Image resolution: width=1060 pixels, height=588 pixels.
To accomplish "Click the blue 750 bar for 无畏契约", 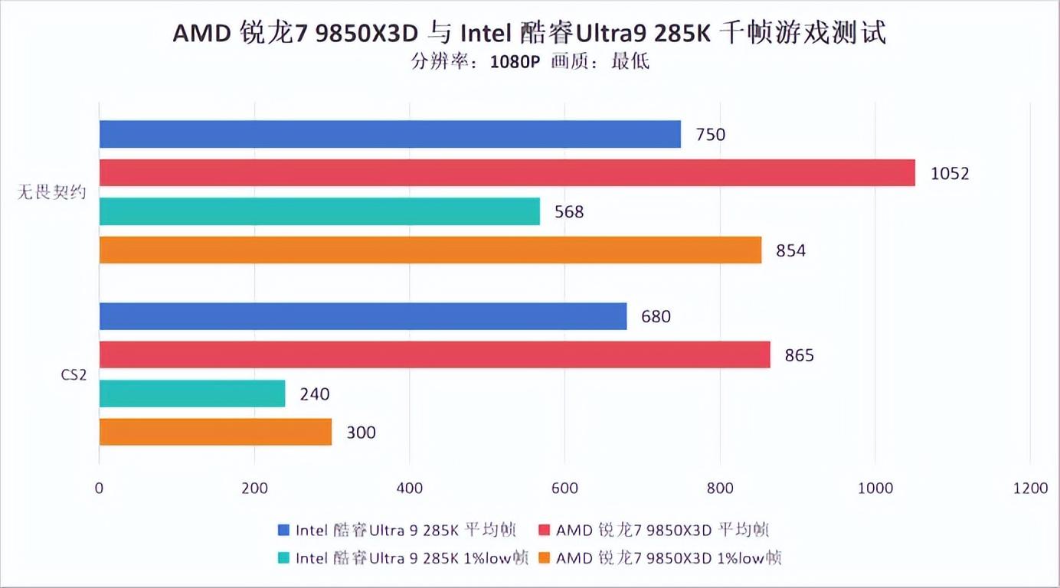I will tap(390, 134).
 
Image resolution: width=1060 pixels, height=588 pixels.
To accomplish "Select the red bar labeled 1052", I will tap(507, 173).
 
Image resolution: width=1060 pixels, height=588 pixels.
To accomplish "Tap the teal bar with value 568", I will tap(319, 211).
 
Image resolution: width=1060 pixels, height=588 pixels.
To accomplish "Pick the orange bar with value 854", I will tap(430, 250).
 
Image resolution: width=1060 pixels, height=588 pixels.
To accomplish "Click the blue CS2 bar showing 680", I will tap(363, 316).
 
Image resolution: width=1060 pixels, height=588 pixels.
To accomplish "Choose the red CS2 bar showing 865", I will tap(434, 354).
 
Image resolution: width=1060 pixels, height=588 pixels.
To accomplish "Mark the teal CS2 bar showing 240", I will tap(192, 394).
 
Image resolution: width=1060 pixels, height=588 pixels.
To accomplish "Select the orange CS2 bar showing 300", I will tap(215, 432).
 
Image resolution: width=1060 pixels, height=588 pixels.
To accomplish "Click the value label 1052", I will tap(950, 174).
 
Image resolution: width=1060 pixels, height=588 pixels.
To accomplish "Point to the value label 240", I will tap(315, 394).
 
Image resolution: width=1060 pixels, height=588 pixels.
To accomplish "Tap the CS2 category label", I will tap(74, 374).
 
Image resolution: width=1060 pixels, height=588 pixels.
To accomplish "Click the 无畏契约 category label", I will tap(51, 192).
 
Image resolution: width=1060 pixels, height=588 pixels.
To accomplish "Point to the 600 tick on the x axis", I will tap(564, 488).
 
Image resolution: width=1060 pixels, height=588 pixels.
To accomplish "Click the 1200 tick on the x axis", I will tap(1029, 488).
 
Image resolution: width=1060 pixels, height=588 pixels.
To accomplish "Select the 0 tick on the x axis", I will tap(99, 488).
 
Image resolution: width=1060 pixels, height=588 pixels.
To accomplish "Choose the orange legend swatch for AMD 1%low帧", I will tap(545, 558).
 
